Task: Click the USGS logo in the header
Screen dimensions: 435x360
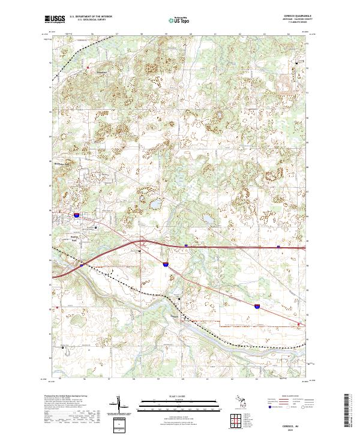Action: tap(55, 19)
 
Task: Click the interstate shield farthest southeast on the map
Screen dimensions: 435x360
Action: tap(256, 306)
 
